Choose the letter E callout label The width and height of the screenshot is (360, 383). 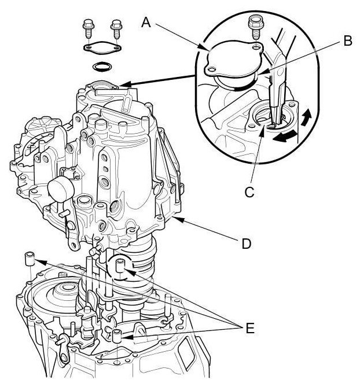tap(249, 329)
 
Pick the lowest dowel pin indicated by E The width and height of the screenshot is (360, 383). tap(117, 335)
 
